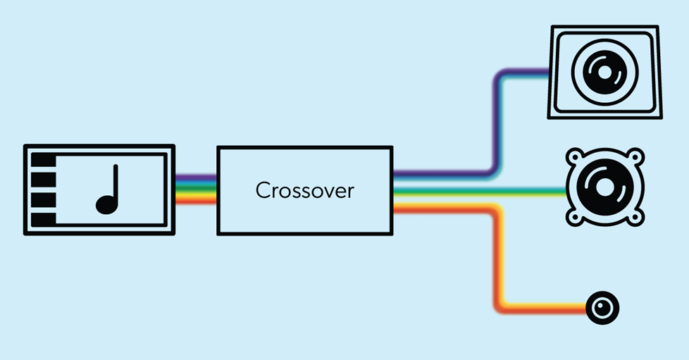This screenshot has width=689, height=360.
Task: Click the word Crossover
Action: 304,190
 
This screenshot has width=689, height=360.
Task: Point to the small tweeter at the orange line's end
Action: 602,308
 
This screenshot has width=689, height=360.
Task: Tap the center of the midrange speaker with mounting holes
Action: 605,187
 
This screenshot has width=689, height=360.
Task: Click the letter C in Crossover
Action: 262,190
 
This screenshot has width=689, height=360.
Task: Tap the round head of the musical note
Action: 105,205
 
